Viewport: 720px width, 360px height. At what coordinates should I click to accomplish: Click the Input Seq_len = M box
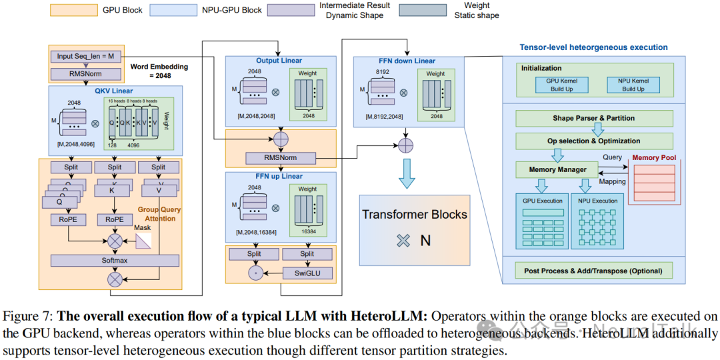[x=85, y=56]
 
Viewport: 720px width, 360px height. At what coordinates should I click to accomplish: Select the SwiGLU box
[x=307, y=273]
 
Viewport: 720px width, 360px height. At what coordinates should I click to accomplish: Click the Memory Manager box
[x=557, y=169]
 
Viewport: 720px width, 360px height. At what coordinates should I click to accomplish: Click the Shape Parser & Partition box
[x=593, y=118]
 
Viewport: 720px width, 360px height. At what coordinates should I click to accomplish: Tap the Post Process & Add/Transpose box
[x=593, y=271]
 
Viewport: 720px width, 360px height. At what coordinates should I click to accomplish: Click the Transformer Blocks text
[x=414, y=215]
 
